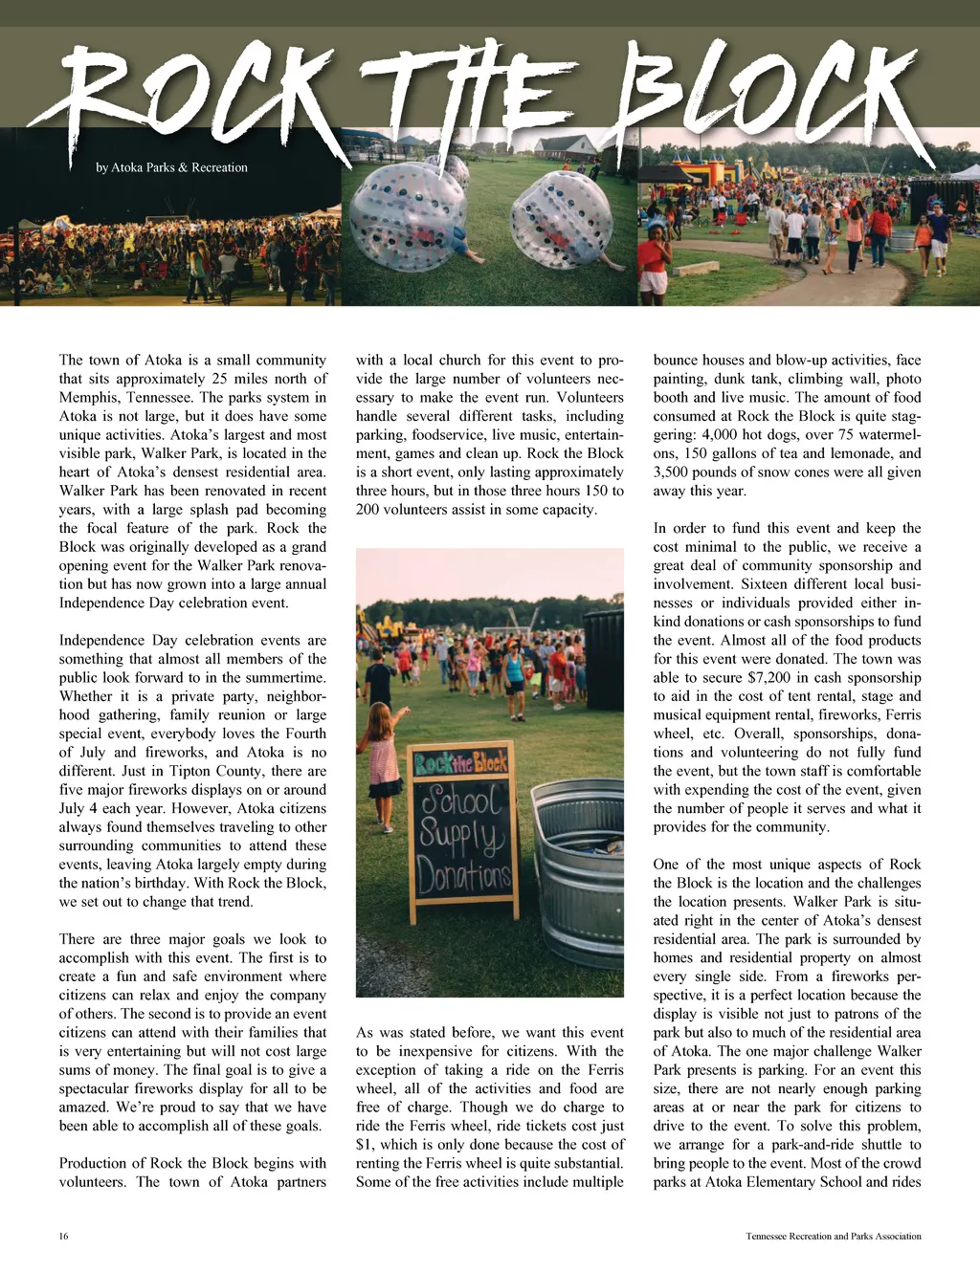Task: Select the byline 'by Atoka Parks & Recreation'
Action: coord(171,167)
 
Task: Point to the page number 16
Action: coord(63,1236)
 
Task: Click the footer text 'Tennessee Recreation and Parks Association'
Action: coord(833,1236)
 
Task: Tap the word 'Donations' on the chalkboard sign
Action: coord(464,873)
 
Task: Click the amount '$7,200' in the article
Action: coord(756,677)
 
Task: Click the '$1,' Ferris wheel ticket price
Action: coord(366,1144)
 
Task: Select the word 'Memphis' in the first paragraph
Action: coord(87,397)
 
